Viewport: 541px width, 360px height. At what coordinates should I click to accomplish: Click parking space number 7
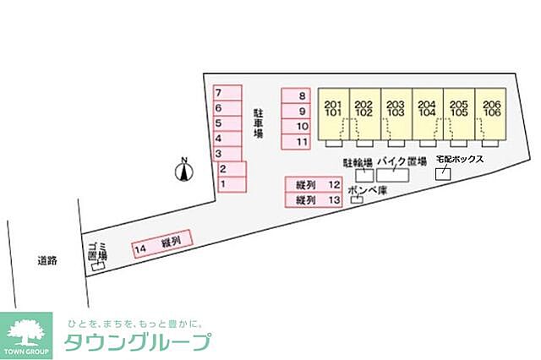[x=226, y=92]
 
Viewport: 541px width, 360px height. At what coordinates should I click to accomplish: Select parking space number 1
[x=230, y=183]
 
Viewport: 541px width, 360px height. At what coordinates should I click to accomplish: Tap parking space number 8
[x=296, y=96]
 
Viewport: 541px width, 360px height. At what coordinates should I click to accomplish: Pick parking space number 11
[x=296, y=141]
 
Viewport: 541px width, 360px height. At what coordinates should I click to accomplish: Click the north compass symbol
[x=182, y=172]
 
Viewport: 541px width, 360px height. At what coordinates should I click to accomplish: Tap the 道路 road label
[x=47, y=261]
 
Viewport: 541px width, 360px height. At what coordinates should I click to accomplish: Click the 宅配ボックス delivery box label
[x=459, y=159]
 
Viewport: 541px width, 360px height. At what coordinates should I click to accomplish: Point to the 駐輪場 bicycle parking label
[x=358, y=161]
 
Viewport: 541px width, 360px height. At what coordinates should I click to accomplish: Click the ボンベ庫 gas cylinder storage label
[x=367, y=191]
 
